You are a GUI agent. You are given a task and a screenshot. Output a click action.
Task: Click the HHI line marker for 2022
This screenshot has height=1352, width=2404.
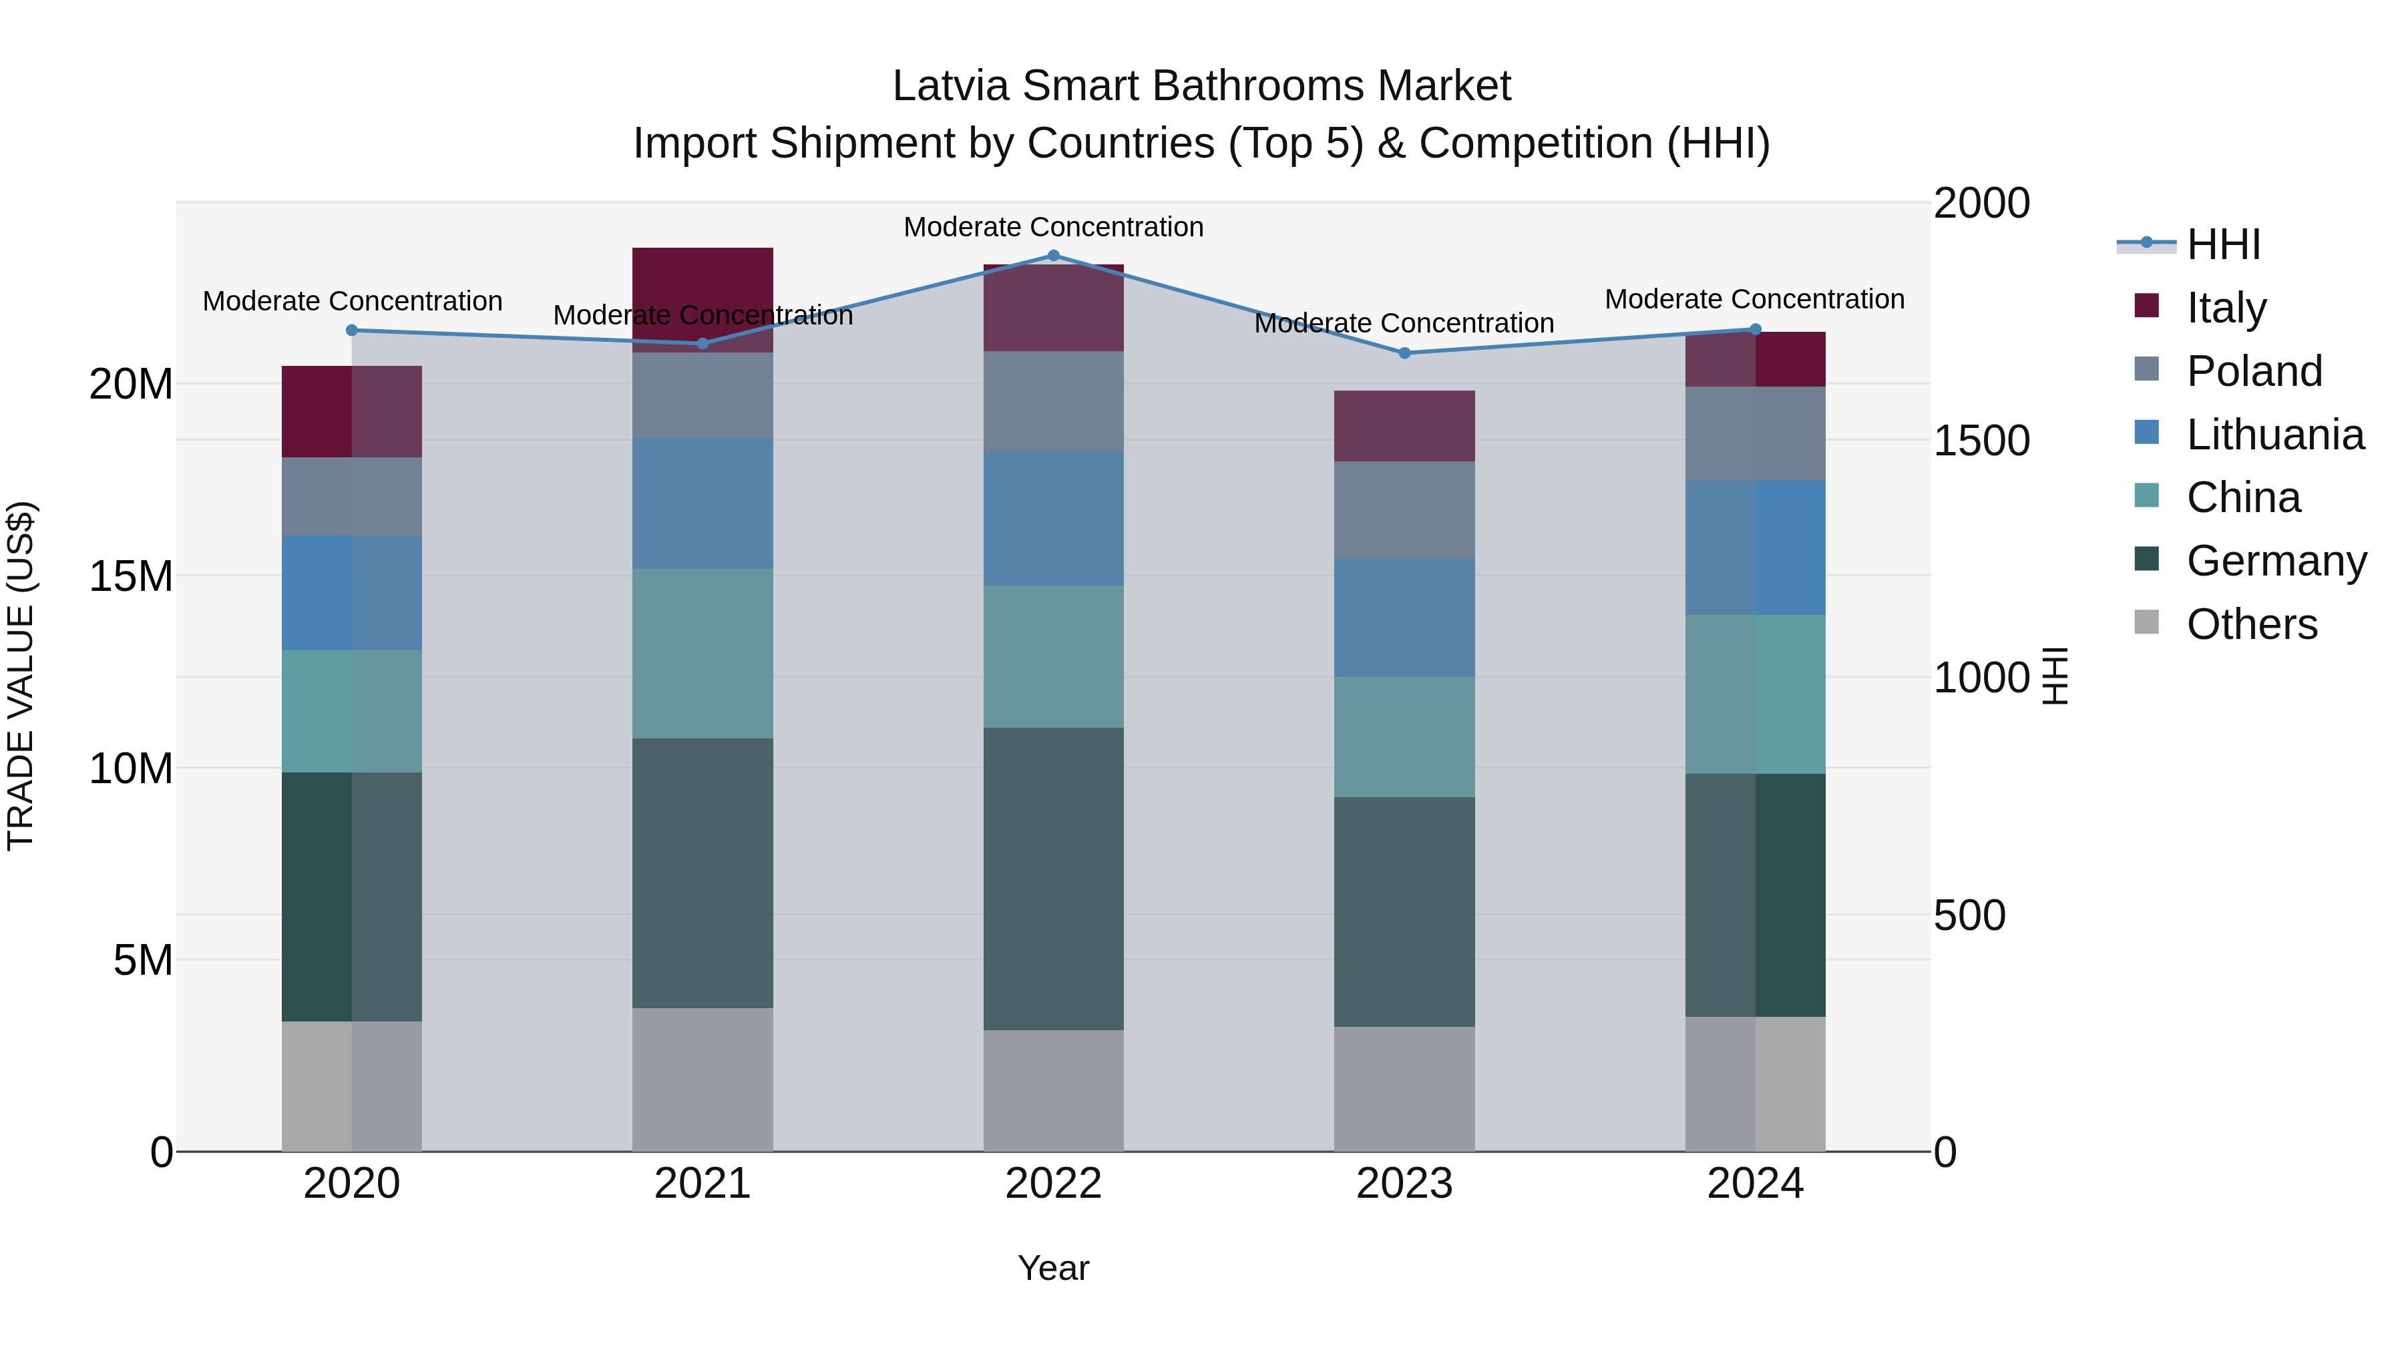(x=1054, y=256)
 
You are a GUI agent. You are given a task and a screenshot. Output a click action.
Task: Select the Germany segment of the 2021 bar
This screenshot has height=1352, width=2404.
(x=703, y=873)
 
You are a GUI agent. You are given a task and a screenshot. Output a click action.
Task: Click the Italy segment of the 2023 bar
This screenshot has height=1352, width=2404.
(x=1404, y=427)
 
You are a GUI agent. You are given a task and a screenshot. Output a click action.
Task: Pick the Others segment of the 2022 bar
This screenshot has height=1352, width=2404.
(x=1054, y=1091)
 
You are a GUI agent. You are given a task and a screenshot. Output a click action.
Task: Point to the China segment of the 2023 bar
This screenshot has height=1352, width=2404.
(x=1404, y=737)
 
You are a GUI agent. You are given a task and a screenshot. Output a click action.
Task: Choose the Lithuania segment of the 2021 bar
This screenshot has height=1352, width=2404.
(x=703, y=504)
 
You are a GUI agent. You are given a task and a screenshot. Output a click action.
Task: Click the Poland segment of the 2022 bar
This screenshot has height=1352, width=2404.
(x=1054, y=402)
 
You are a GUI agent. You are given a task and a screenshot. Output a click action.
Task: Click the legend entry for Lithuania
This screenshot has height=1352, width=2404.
(x=2274, y=435)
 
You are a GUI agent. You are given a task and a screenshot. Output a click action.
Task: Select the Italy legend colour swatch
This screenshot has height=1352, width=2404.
(x=2146, y=306)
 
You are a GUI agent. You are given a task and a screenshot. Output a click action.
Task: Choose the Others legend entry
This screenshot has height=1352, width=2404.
(x=2251, y=624)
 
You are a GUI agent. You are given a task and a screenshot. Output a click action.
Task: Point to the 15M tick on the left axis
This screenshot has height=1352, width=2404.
(x=131, y=577)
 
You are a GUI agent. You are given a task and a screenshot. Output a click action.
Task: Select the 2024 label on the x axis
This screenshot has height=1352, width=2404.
(x=1754, y=1184)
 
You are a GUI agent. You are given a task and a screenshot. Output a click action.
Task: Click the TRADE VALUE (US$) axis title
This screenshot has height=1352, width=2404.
(x=21, y=676)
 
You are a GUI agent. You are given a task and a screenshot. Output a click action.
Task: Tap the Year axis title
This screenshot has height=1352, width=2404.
(x=1054, y=1268)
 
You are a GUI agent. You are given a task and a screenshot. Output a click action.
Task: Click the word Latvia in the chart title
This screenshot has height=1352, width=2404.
(x=950, y=86)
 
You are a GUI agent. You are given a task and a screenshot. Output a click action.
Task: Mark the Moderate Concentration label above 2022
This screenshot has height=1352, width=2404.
(x=1054, y=227)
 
